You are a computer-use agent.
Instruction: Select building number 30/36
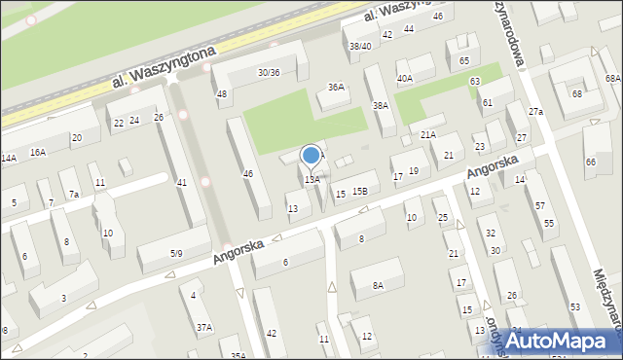coord(269,73)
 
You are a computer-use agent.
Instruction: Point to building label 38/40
coord(360,47)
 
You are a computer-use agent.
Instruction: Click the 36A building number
coord(336,88)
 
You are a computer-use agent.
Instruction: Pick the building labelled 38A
coord(381,105)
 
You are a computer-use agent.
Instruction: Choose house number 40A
coord(404,79)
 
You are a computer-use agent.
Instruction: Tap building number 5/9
coord(175,254)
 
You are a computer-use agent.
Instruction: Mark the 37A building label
coord(203,328)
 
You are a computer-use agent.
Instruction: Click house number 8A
coord(378,286)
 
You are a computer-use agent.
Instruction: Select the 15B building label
coord(360,192)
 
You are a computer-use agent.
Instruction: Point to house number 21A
coord(428,134)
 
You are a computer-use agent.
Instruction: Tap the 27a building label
coord(535,112)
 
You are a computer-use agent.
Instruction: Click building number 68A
coord(612,78)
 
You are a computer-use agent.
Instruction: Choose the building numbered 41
coord(181,183)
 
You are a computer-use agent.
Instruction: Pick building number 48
coord(222,94)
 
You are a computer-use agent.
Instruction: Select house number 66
coord(590,162)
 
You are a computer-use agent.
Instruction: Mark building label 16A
coord(37,153)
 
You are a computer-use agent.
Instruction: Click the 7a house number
coord(74,195)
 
